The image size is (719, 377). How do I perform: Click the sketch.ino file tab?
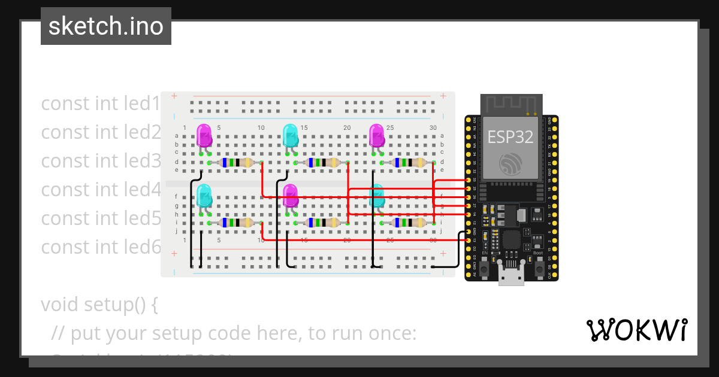[x=105, y=26]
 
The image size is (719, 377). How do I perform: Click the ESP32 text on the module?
[x=510, y=136]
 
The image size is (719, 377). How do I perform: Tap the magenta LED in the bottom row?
[x=290, y=196]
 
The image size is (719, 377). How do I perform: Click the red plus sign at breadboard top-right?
[x=443, y=96]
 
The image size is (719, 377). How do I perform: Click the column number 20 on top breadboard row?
[x=347, y=128]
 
